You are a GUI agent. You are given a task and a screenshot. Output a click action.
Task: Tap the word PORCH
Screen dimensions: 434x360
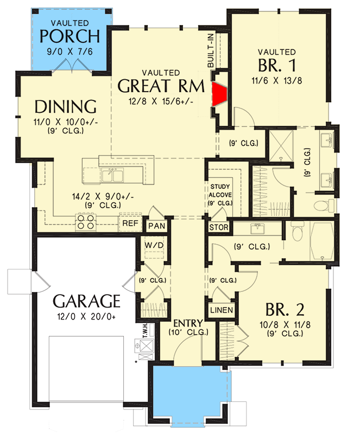pyautogui.click(x=71, y=37)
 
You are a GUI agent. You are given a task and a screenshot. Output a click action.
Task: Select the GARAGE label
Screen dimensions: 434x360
pyautogui.click(x=86, y=301)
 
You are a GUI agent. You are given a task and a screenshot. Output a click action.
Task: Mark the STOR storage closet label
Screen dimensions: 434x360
pyautogui.click(x=216, y=227)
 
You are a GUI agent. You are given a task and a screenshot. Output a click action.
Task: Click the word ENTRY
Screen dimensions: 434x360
pyautogui.click(x=188, y=323)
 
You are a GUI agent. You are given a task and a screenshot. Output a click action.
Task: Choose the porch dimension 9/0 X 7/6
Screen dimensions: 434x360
pyautogui.click(x=71, y=54)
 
